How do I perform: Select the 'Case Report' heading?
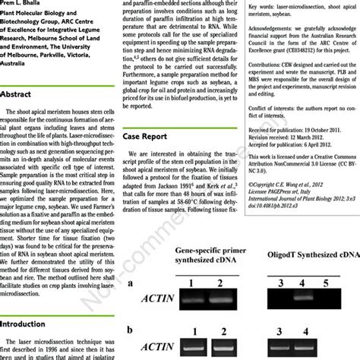[x=146, y=137]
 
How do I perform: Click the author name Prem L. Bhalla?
[x=30, y=4]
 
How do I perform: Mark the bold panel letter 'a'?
[x=131, y=263]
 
